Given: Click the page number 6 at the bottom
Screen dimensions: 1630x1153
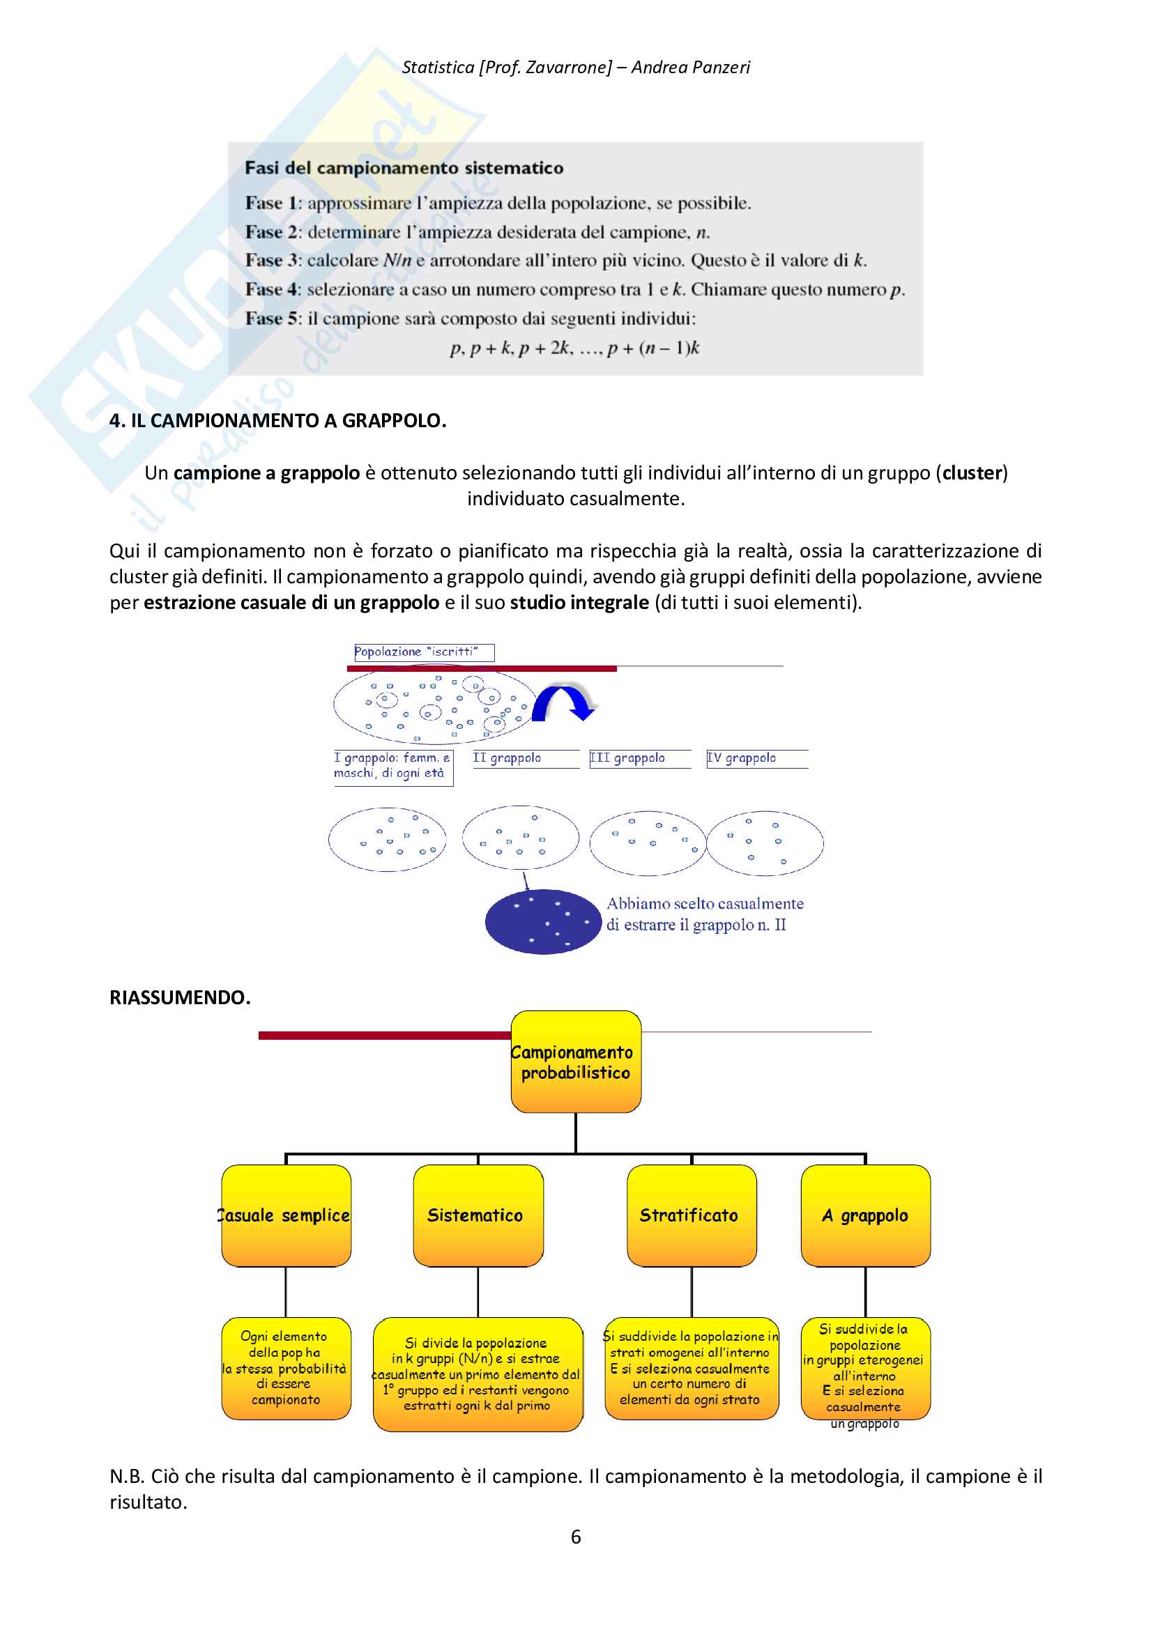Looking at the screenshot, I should [576, 1537].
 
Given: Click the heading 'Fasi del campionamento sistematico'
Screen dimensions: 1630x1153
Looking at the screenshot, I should [404, 168].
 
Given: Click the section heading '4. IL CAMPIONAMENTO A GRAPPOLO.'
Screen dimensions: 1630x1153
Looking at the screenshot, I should [277, 420].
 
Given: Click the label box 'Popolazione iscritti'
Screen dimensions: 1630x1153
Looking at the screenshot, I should [424, 652].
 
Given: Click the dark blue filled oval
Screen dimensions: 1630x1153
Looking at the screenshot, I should [543, 921].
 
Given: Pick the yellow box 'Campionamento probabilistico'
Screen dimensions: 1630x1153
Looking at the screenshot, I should [576, 1061].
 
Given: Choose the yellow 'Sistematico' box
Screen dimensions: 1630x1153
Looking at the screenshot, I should [478, 1215].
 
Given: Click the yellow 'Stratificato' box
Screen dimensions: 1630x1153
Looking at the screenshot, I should [691, 1215].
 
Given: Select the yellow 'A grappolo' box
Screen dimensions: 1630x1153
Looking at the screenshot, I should [864, 1215].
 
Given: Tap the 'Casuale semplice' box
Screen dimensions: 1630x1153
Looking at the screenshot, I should [286, 1215].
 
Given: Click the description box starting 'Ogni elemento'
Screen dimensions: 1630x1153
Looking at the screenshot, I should [286, 1368].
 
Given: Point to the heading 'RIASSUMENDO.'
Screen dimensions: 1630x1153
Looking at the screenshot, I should [180, 997].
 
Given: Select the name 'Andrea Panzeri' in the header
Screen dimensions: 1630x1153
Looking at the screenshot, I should [690, 68].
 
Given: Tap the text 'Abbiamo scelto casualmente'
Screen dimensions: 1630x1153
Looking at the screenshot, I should [705, 904].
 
